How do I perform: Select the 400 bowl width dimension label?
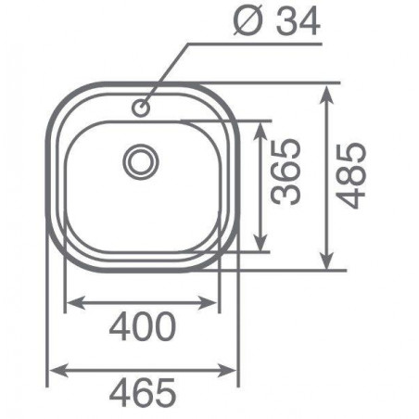pos(144,327)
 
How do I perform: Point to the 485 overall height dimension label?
pos(351,176)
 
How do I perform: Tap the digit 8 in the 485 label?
pos(351,176)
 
